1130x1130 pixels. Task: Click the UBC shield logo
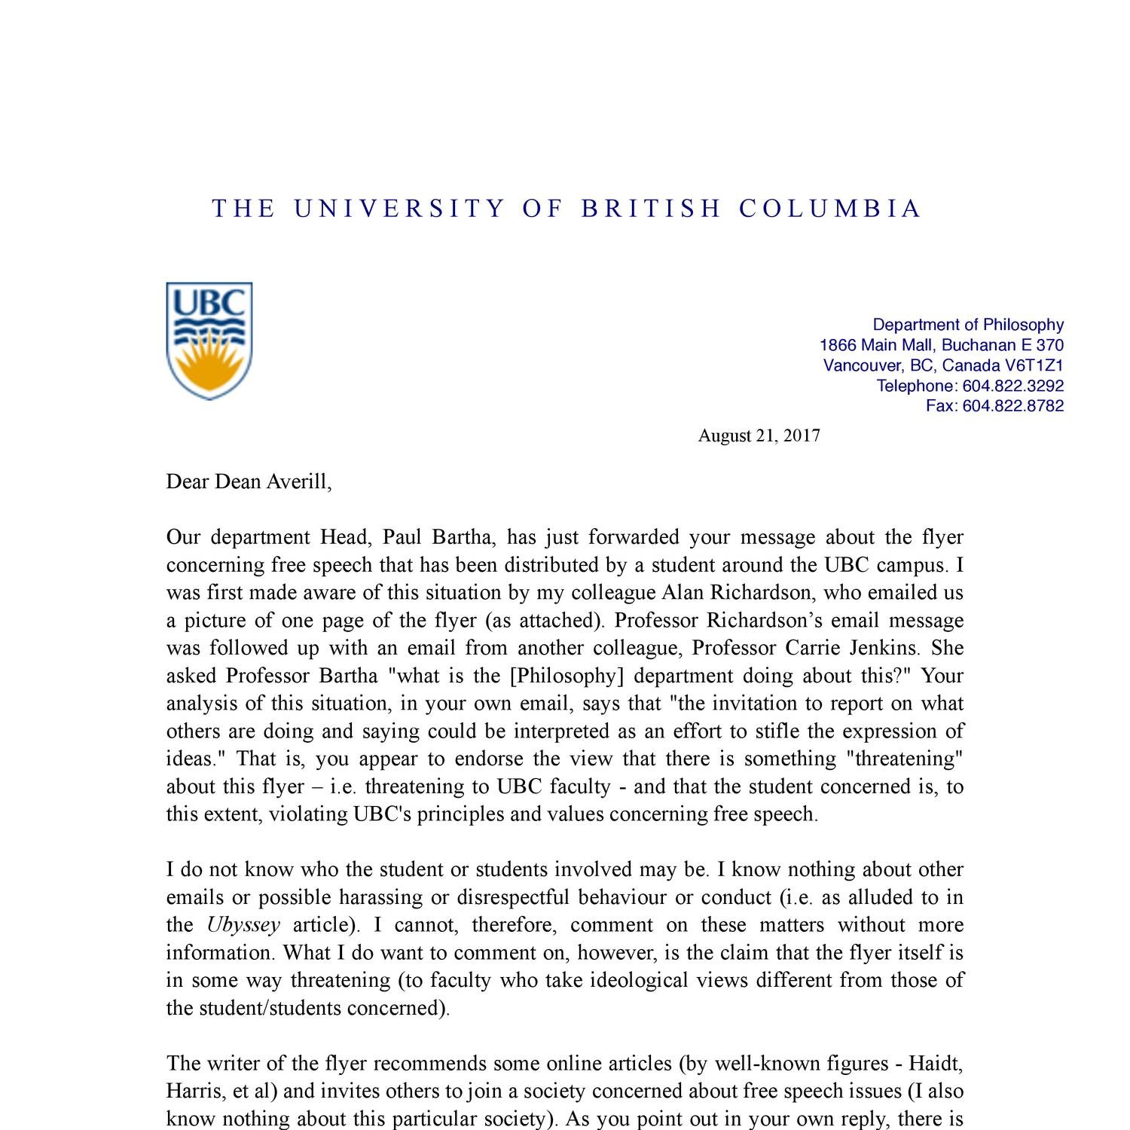tap(209, 341)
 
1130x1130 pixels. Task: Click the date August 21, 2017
tap(759, 435)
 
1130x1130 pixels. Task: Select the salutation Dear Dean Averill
tap(249, 481)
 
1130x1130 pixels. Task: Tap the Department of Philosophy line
tap(967, 325)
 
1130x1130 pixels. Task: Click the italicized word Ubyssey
tap(243, 925)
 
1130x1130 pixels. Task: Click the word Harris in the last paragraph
tap(192, 1092)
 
